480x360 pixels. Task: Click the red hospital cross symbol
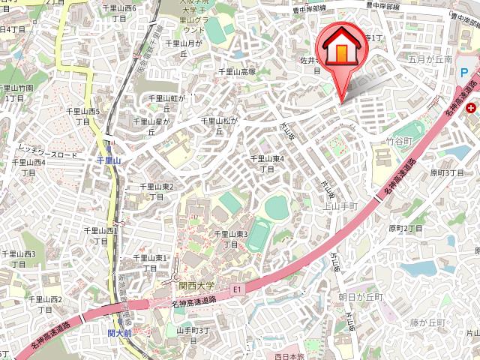click(470, 108)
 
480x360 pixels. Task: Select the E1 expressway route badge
click(238, 287)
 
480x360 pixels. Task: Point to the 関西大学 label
click(196, 286)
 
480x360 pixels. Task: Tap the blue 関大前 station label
click(118, 332)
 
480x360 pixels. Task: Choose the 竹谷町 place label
click(399, 139)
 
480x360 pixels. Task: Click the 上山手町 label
click(342, 205)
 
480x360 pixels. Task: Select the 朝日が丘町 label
click(361, 297)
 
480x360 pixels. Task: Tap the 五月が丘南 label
click(430, 58)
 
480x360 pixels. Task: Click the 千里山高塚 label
click(236, 72)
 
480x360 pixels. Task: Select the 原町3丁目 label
click(448, 172)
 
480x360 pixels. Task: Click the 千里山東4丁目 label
click(266, 163)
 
